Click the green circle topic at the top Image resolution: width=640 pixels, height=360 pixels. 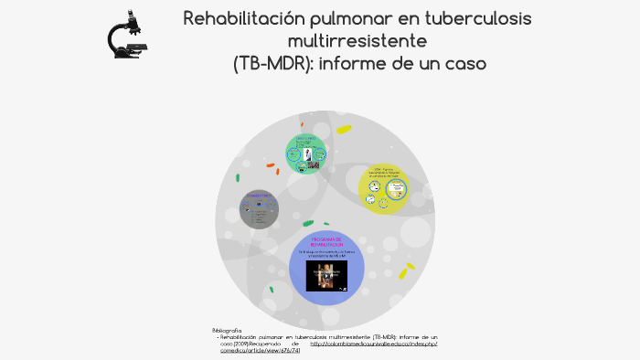tap(306, 153)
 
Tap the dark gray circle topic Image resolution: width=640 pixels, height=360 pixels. tap(260, 209)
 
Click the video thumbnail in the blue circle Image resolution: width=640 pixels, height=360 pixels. tap(326, 277)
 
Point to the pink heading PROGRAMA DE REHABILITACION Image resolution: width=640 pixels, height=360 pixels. tap(326, 241)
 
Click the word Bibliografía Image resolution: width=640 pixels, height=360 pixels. tap(226, 330)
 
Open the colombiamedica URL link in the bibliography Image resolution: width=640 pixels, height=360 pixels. tap(373, 344)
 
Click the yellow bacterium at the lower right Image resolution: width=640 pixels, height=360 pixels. tap(403, 272)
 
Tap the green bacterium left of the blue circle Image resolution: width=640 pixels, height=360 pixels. tap(272, 290)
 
